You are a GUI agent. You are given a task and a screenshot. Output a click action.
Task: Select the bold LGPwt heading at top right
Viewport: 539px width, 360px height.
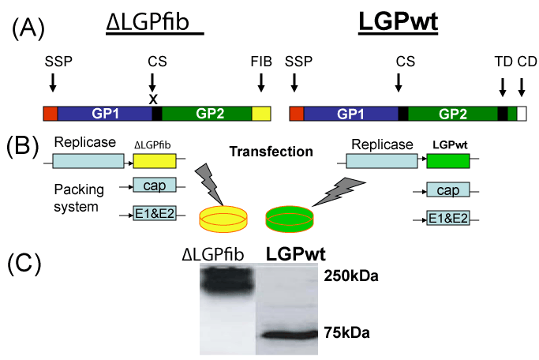coord(398,23)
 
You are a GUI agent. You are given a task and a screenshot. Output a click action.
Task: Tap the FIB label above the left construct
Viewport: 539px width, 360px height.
coord(260,61)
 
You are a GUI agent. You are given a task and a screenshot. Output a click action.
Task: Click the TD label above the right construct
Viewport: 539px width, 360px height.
coord(502,61)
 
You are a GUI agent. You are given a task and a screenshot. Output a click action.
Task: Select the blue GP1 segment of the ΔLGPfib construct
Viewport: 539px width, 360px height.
coord(104,114)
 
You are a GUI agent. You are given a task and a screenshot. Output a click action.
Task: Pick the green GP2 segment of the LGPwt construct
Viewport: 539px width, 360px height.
coord(452,114)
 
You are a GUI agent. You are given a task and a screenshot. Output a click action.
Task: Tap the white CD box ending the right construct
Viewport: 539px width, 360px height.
coord(522,114)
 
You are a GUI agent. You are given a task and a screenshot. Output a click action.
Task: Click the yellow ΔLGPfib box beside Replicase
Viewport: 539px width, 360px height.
coord(155,162)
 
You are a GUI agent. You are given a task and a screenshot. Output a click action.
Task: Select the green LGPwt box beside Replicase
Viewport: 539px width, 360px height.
coord(447,162)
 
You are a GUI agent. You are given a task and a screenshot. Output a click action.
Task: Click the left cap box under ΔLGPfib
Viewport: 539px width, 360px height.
coord(150,186)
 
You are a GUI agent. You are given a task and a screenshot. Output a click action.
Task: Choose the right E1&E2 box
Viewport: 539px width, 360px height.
coord(447,219)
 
